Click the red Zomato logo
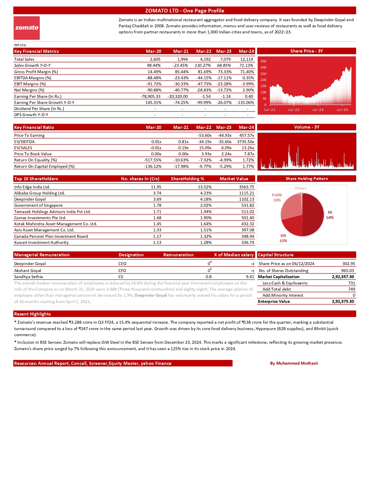pyautogui.click(x=27, y=28)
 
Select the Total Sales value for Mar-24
pyautogui.click(x=246, y=59)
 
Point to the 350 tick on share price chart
pyautogui.click(x=263, y=62)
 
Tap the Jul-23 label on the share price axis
pyautogui.click(x=318, y=110)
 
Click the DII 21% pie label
pyautogui.click(x=283, y=238)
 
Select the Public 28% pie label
pyautogui.click(x=277, y=197)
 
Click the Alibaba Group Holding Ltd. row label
pyautogui.click(x=39, y=193)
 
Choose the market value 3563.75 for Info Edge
pyautogui.click(x=246, y=187)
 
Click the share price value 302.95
pyautogui.click(x=349, y=264)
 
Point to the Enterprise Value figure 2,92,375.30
pyautogui.click(x=343, y=301)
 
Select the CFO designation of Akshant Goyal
pyautogui.click(x=122, y=271)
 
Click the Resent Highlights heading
pyautogui.click(x=33, y=314)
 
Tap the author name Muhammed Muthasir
pyautogui.click(x=294, y=363)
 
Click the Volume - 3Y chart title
pyautogui.click(x=306, y=127)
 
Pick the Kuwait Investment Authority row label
pyautogui.click(x=41, y=242)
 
